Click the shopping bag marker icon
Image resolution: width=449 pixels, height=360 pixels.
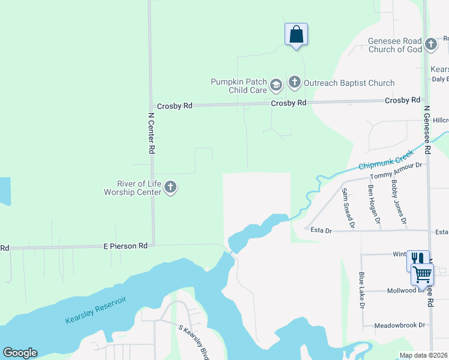[296, 34]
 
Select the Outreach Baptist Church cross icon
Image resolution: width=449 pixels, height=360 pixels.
[294, 82]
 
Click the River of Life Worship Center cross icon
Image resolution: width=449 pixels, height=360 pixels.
[170, 187]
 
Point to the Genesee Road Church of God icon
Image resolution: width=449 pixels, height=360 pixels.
[430, 44]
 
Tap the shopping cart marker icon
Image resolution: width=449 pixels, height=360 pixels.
[422, 274]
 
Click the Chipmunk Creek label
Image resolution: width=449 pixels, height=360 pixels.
[388, 159]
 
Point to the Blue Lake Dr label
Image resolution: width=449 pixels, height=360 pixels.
[361, 290]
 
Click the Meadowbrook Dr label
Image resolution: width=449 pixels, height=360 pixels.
[399, 325]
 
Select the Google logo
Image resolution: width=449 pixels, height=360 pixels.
[20, 353]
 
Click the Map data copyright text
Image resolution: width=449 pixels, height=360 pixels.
[423, 355]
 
